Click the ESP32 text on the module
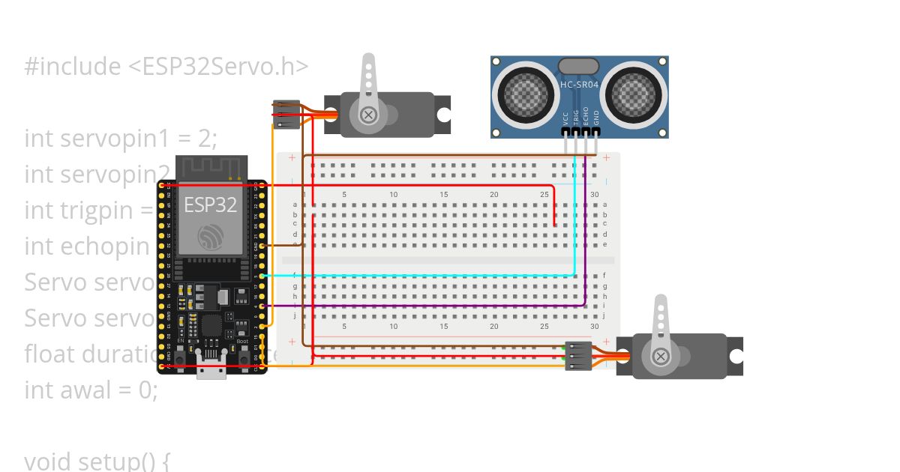tap(211, 205)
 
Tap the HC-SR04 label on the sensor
tap(579, 85)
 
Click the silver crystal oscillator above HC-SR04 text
tap(579, 66)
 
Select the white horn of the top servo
tap(368, 86)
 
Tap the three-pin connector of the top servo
tap(286, 115)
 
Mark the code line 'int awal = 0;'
tap(91, 390)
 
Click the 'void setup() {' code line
tap(97, 460)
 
